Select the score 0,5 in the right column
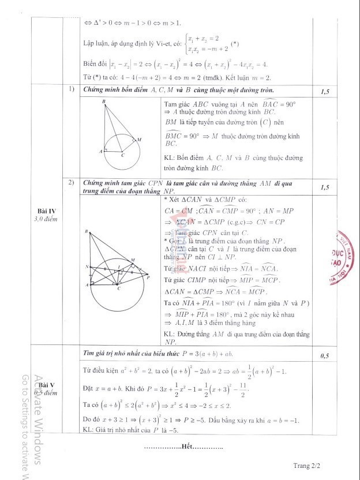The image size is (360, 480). point(325,356)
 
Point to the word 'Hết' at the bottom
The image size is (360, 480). point(186,447)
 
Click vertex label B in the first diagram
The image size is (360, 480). point(103,102)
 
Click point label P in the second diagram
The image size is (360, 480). point(148,277)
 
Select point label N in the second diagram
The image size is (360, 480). point(86,267)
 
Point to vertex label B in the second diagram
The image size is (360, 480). point(86,232)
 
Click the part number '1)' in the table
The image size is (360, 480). point(71,89)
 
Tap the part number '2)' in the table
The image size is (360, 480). point(71,183)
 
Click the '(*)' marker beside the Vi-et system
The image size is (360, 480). point(235,44)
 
